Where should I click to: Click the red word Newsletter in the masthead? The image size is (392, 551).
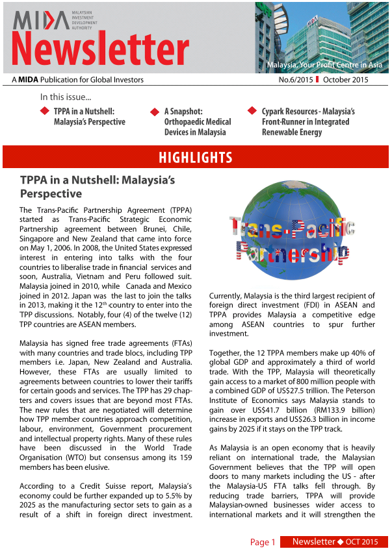pos(101,50)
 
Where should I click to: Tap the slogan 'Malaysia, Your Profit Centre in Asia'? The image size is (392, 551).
pos(324,66)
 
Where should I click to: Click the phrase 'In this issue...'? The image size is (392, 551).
pos(66,97)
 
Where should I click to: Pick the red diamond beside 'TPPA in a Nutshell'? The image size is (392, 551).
pos(44,111)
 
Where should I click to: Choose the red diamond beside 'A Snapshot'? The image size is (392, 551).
pos(155,112)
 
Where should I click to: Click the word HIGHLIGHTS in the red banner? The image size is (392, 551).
pos(196,158)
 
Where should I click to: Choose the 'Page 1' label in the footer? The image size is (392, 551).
pos(263,542)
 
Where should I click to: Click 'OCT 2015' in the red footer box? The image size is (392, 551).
pos(361,542)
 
